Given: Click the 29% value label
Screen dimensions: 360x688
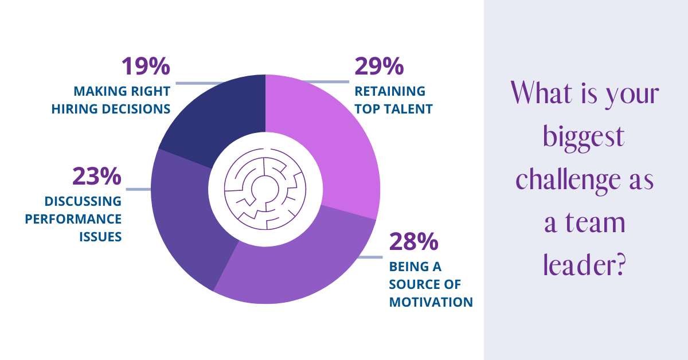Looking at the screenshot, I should coord(379,66).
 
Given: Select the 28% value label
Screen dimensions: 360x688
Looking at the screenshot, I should coord(413,242).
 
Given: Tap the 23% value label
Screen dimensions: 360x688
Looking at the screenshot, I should coord(96,177).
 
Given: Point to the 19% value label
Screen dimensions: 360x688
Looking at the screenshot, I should coord(146,66).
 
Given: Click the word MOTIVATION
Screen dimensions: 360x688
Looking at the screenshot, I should coord(431,302).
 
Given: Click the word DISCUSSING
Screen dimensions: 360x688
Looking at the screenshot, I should coord(83,202).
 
